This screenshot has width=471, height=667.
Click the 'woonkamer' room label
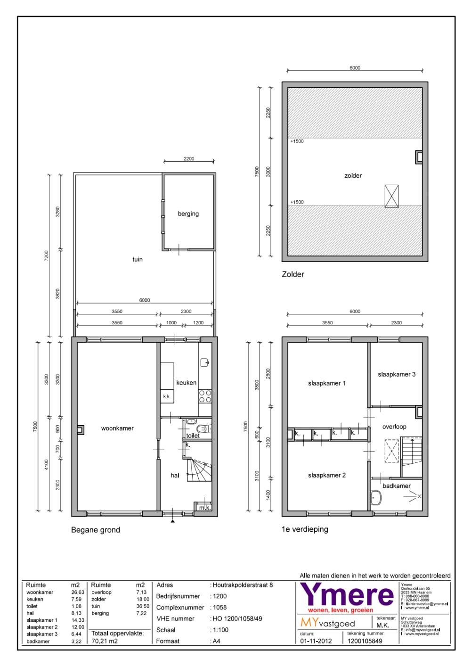click(117, 428)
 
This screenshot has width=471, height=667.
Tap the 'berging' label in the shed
click(188, 214)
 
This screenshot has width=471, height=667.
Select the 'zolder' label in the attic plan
click(353, 175)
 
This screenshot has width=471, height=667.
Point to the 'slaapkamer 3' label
click(397, 374)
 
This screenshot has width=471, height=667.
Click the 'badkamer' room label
click(396, 486)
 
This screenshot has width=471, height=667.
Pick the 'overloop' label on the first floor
click(394, 427)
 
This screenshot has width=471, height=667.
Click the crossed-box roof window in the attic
click(391, 196)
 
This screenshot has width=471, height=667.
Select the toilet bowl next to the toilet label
click(203, 428)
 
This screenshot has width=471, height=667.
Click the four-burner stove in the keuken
click(205, 396)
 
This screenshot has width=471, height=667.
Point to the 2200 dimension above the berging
click(189, 159)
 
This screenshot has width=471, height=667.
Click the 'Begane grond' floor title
click(96, 530)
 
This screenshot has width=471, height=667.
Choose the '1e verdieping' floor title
click(305, 529)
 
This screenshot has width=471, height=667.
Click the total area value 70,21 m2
click(105, 641)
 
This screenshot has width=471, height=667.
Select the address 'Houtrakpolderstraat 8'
click(243, 585)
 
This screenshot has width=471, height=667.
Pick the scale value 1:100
click(220, 630)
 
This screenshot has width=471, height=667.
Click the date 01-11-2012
click(316, 641)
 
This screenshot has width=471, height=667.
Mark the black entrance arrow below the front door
click(173, 521)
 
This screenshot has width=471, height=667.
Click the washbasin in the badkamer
click(376, 497)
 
